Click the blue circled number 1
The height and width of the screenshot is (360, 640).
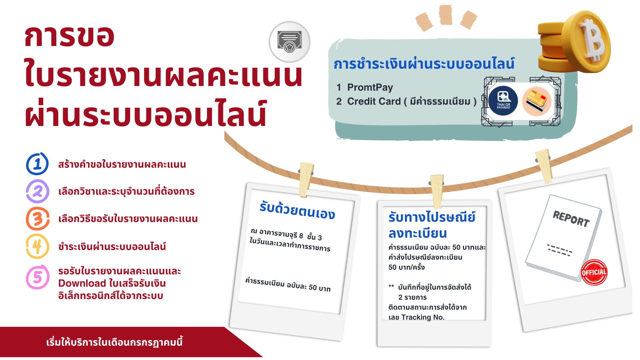coord(37,164)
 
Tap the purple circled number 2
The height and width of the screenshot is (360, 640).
coord(37,191)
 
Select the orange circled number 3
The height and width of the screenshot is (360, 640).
coord(38,219)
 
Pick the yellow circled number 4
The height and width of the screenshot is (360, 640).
coord(37,247)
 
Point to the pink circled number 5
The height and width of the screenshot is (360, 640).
coord(38,277)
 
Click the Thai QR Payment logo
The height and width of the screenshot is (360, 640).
coord(503,101)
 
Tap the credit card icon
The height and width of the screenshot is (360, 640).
coord(536,101)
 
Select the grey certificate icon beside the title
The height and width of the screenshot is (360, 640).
coord(290,42)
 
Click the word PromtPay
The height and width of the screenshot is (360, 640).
coord(370,87)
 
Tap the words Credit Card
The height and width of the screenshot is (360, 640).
coord(374,101)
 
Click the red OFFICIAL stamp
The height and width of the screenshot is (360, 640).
coord(594,272)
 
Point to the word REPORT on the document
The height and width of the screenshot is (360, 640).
coord(571,219)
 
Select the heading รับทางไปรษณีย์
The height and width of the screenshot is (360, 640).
coord(432,217)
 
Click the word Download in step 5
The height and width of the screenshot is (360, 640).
coord(82,283)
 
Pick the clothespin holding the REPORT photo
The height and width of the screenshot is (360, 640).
coord(544,166)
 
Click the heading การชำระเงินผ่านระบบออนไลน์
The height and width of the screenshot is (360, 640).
coord(424,63)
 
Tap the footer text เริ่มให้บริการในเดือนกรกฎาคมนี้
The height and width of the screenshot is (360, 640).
coord(114,342)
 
